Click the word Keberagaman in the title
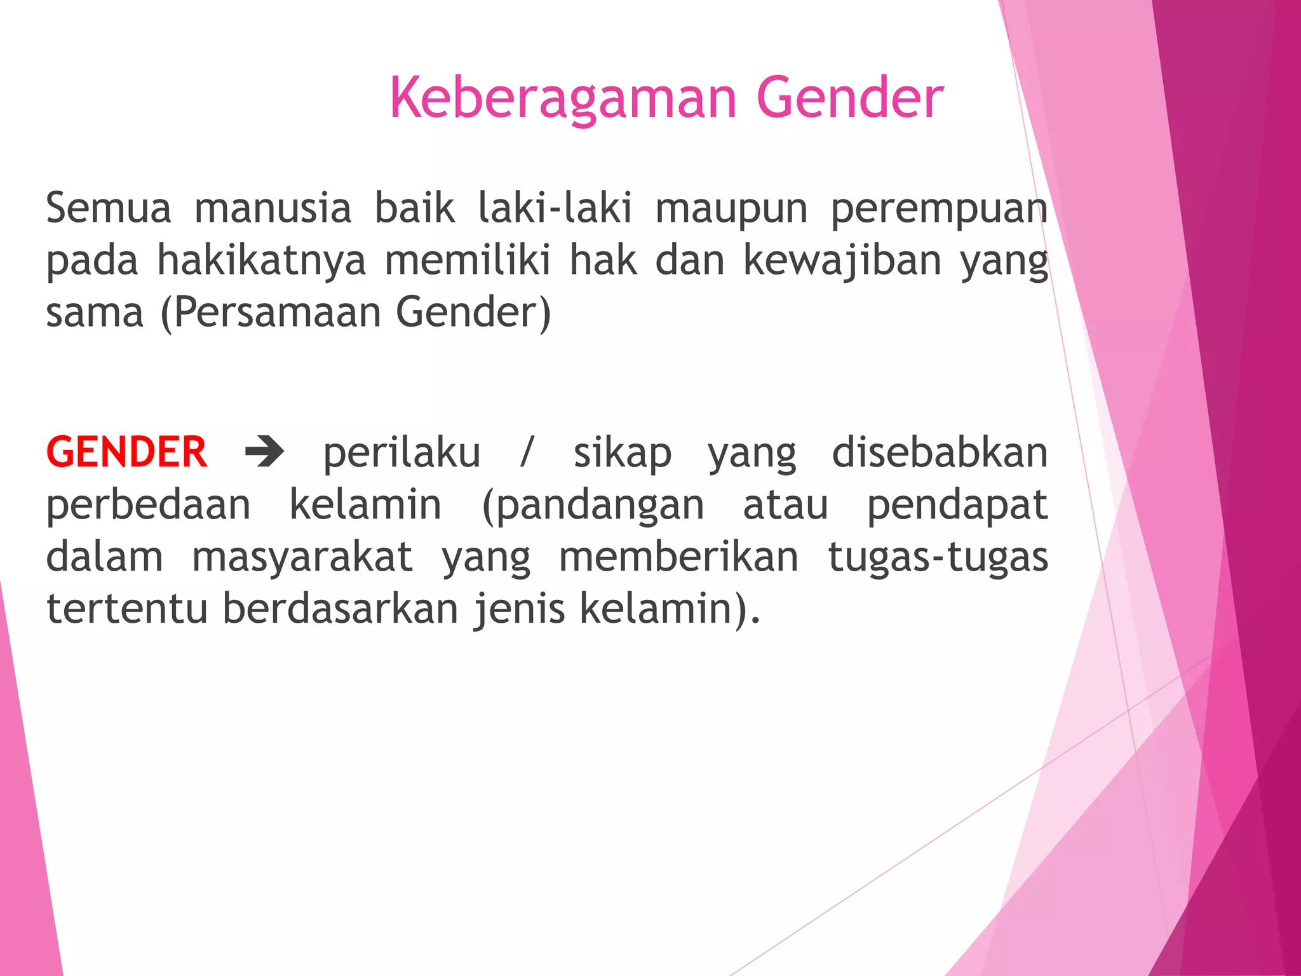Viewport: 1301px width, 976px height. [x=563, y=98]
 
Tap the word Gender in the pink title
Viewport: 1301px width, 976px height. [x=850, y=98]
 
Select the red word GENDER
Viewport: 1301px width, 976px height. [x=126, y=453]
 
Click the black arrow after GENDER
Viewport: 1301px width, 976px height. [x=264, y=453]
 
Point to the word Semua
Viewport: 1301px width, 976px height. [x=109, y=208]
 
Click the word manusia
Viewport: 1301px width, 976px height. [x=273, y=208]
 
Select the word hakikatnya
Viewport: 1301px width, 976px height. [x=261, y=261]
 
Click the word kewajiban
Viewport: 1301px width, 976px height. [x=842, y=261]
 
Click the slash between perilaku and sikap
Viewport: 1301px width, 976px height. [x=526, y=453]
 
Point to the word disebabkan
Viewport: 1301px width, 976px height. [x=940, y=453]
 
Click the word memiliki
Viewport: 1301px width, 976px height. [x=467, y=261]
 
